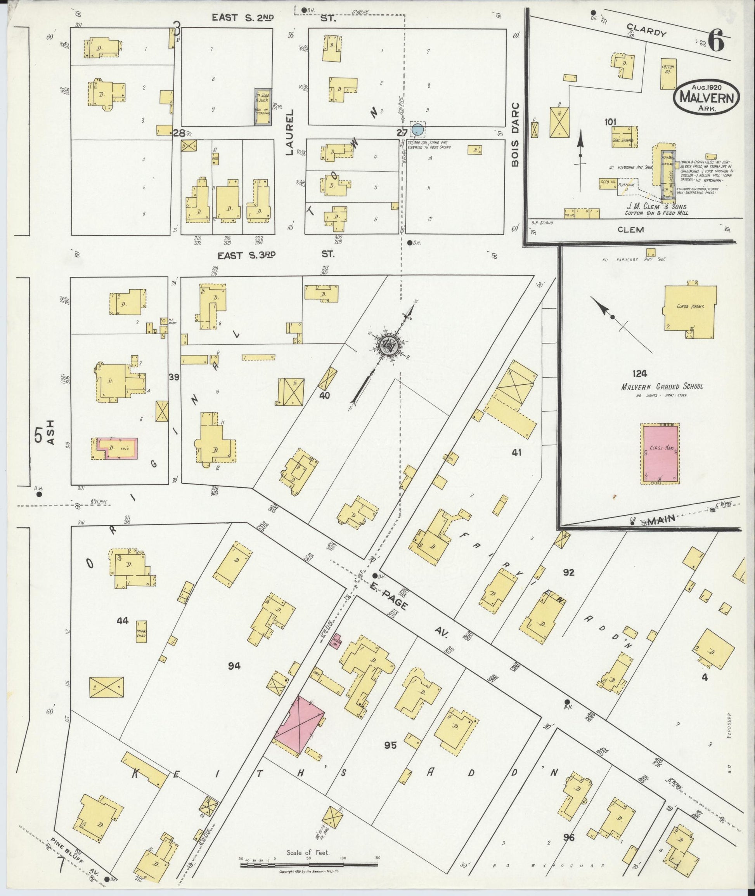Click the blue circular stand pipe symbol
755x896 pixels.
coord(418,129)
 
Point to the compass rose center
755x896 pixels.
coord(390,344)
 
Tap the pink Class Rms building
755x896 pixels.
coord(660,453)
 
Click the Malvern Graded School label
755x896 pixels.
coord(662,386)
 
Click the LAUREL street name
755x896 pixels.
coord(290,132)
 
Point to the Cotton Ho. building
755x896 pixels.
coord(668,74)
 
